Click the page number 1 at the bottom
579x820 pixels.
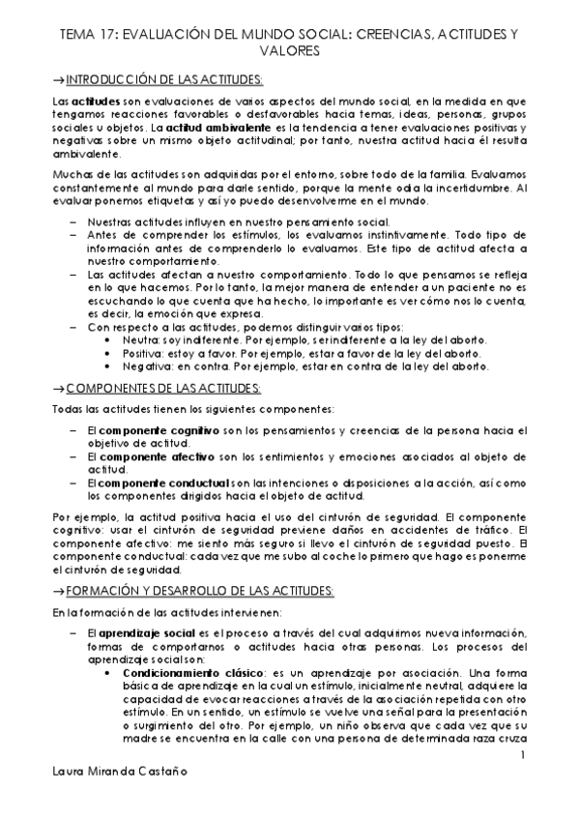(521, 753)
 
